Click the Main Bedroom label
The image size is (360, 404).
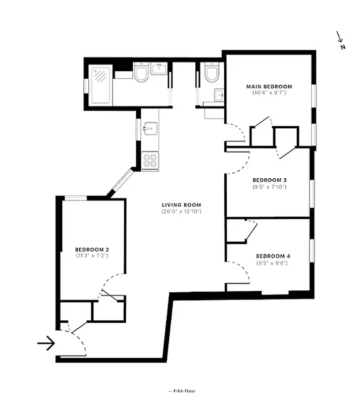(269, 86)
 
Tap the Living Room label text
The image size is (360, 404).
(182, 205)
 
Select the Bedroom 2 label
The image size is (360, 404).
(92, 249)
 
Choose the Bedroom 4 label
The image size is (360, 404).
(273, 256)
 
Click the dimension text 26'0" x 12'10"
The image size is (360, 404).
(182, 211)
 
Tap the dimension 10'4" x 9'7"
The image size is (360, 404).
(269, 93)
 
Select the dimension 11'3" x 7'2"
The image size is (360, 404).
(92, 256)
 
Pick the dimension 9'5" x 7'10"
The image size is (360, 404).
(270, 187)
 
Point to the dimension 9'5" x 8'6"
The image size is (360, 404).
(273, 263)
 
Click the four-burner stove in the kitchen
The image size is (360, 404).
(150, 160)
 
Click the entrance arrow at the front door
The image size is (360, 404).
(46, 344)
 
